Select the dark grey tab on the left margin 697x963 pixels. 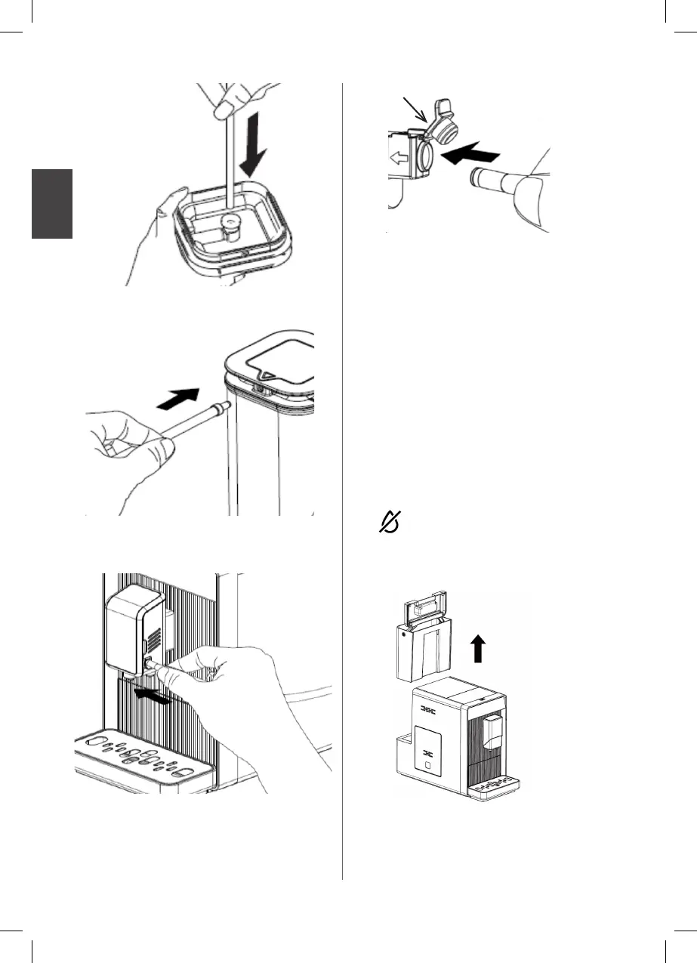52,204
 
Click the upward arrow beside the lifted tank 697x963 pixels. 477,647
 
